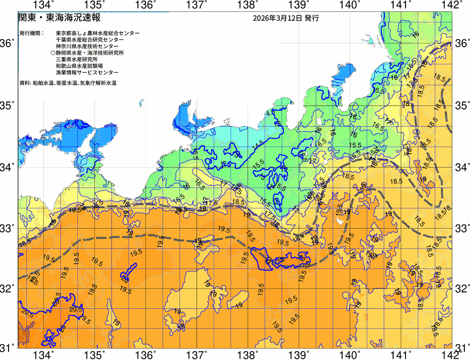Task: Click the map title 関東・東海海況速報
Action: tap(59, 18)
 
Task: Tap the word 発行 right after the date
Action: tap(312, 18)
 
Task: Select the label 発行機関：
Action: tap(32, 33)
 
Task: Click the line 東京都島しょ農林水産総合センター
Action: tap(98, 33)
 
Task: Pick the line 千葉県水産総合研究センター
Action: tap(90, 40)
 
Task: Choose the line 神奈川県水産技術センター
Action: tap(87, 46)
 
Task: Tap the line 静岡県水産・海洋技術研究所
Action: tap(90, 53)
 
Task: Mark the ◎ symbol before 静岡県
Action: tap(53, 53)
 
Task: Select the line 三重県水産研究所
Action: tap(77, 60)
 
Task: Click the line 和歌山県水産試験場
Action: tap(79, 66)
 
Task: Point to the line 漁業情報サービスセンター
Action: tap(87, 73)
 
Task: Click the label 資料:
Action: tap(25, 83)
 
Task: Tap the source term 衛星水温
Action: tap(66, 83)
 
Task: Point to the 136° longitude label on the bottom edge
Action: tap(145, 355)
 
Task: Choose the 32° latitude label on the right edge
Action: tap(462, 288)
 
